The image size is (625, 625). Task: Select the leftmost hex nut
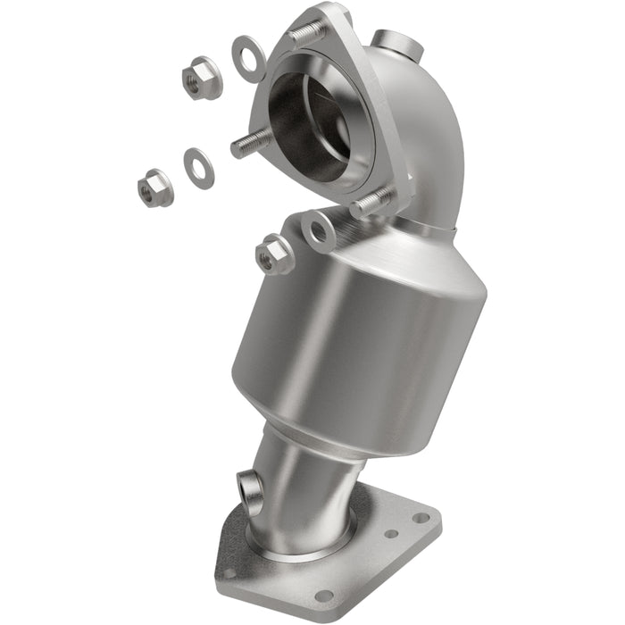coord(155,187)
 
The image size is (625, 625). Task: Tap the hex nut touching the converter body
coord(274,254)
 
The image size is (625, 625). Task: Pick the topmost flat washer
coord(248,58)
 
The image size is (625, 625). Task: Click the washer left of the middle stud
coord(198,168)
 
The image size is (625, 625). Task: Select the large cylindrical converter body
coord(357,339)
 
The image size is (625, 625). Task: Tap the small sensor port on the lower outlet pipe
coord(251,486)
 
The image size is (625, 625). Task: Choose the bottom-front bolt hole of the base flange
coord(324,595)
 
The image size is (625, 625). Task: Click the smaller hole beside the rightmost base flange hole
coord(391,534)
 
